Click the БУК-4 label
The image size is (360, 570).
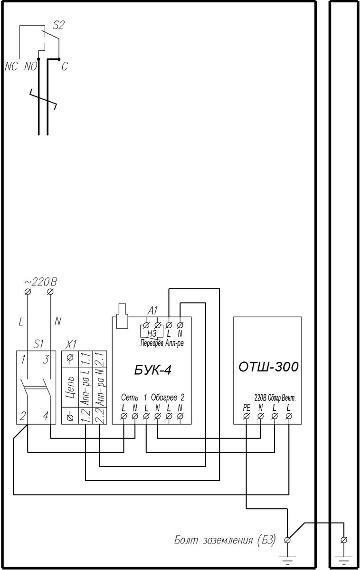[152, 370]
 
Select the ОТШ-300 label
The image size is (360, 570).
[268, 367]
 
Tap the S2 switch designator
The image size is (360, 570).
[58, 25]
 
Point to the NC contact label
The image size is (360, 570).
[11, 66]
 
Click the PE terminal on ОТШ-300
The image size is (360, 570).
[246, 416]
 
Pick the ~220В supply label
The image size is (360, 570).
[41, 282]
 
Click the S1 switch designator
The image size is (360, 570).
[38, 344]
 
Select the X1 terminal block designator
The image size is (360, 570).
[71, 345]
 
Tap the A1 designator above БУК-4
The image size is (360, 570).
[152, 311]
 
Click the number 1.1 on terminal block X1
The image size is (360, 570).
[86, 359]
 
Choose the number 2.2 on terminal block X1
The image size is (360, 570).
[100, 416]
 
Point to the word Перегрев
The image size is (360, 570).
[152, 343]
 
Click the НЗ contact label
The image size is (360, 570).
[152, 333]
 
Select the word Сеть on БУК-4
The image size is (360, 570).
[130, 397]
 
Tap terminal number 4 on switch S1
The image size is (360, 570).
[46, 416]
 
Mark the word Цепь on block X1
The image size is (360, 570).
[70, 387]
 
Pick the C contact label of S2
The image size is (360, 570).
[65, 66]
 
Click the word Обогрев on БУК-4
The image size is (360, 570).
[164, 397]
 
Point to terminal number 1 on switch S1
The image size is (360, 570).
[23, 360]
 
